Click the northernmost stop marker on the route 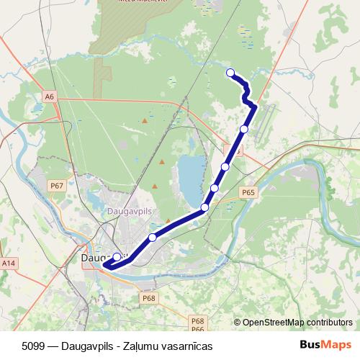pos(230,72)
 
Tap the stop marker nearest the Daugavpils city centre pos(117,256)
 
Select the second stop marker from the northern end pos(244,129)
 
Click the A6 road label pos(49,96)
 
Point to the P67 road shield pos(58,186)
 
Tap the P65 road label pos(248,192)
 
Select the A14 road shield pos(8,264)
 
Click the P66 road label pos(198,329)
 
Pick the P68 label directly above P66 pos(198,320)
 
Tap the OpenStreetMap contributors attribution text pos(292,323)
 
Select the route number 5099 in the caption pos(34,346)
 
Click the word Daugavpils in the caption pos(86,346)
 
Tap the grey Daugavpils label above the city pos(127,212)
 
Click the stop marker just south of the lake pos(205,207)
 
